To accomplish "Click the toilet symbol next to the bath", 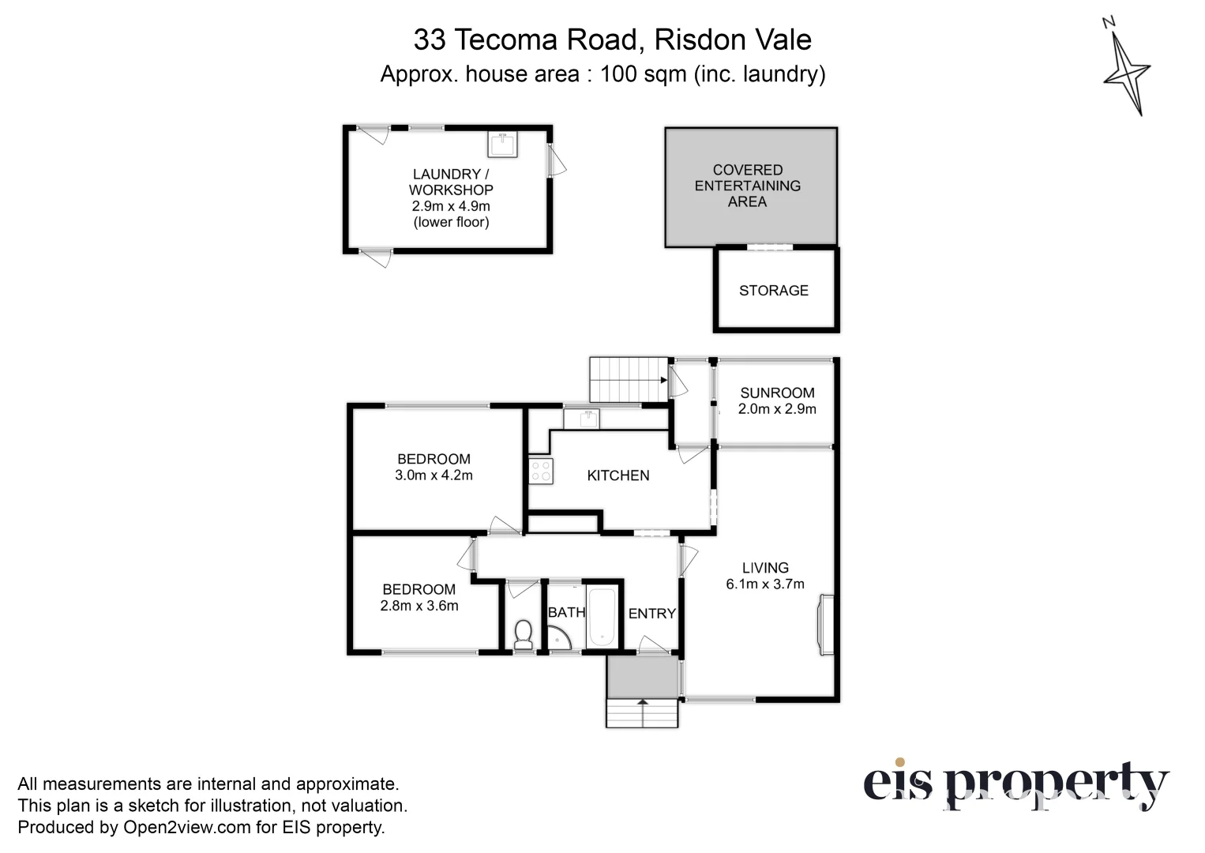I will [x=523, y=635].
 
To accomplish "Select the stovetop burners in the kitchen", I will [x=541, y=472].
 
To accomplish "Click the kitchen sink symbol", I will [x=581, y=418].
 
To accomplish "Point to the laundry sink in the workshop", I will [x=502, y=145].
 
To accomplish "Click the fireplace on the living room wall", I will [x=826, y=624].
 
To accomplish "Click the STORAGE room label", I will [x=773, y=291].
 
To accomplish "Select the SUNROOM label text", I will [x=777, y=393].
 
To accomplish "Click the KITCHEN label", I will [x=618, y=475].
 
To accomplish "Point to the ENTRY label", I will [x=651, y=614].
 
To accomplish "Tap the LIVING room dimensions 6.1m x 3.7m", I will [x=765, y=584].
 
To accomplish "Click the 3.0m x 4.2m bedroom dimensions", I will [x=434, y=475].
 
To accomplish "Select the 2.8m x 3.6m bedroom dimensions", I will [x=419, y=606].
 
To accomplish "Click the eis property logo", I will [x=1015, y=784].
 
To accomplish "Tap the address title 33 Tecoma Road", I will [x=612, y=39].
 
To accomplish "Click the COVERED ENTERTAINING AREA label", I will [x=748, y=186].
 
